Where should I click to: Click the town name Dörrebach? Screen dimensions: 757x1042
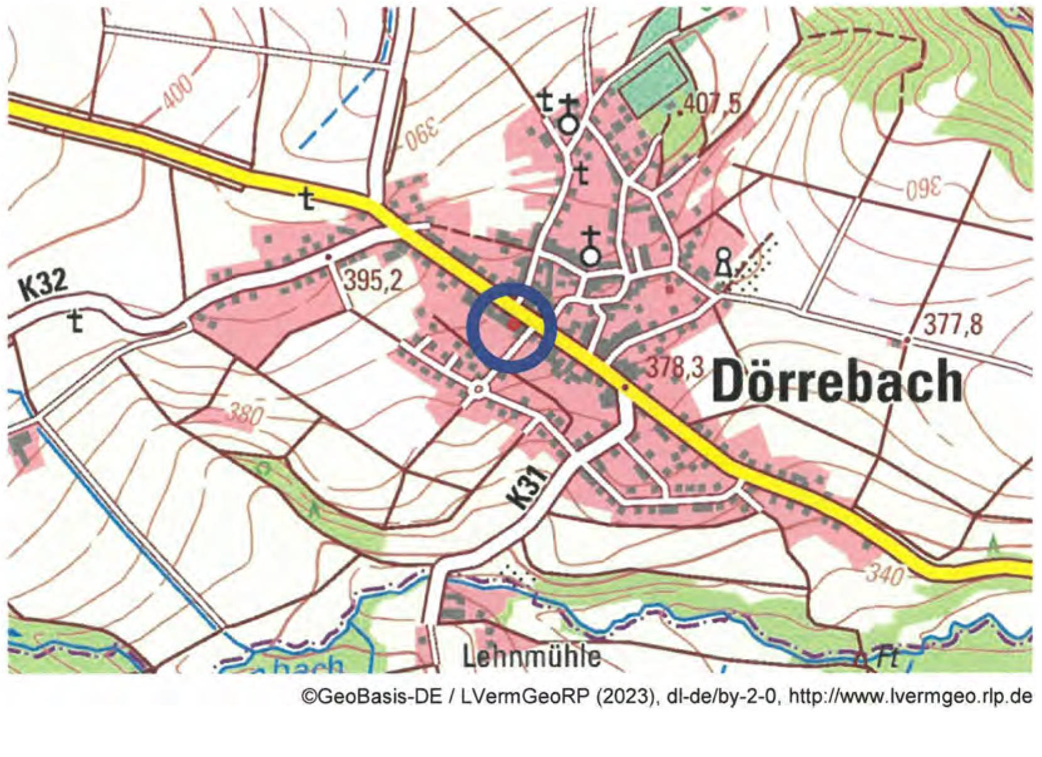pyautogui.click(x=837, y=381)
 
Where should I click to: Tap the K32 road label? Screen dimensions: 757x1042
pyautogui.click(x=43, y=285)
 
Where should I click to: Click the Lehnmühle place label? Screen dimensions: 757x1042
pyautogui.click(x=531, y=657)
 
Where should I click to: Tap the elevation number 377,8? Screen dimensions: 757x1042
pyautogui.click(x=952, y=326)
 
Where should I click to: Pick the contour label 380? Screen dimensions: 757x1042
pyautogui.click(x=244, y=414)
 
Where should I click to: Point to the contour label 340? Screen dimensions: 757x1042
pyautogui.click(x=885, y=573)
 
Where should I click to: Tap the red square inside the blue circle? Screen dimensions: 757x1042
pyautogui.click(x=514, y=324)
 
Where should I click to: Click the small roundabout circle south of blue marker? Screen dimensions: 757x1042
pyautogui.click(x=479, y=389)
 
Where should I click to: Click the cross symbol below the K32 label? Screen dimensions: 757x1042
pyautogui.click(x=77, y=322)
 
